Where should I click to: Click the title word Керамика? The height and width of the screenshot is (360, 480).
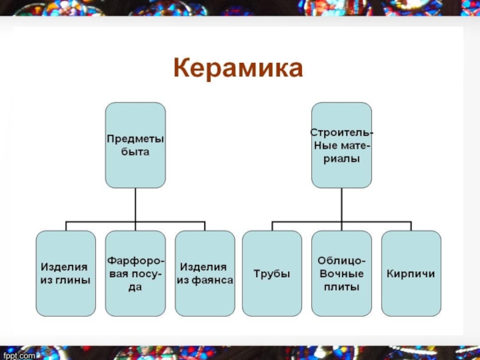pyautogui.click(x=238, y=68)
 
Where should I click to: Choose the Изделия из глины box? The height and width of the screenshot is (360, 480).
pyautogui.click(x=65, y=274)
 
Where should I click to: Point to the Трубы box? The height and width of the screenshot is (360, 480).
pyautogui.click(x=272, y=274)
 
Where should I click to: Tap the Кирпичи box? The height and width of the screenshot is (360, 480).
pyautogui.click(x=411, y=274)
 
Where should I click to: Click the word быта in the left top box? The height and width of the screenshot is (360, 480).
pyautogui.click(x=135, y=152)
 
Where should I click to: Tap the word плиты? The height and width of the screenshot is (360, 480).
pyautogui.click(x=341, y=287)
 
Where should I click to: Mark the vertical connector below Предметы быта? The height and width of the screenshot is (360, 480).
pyautogui.click(x=135, y=205)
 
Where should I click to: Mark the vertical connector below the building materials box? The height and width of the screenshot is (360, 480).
pyautogui.click(x=341, y=205)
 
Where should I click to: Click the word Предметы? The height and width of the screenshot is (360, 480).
pyautogui.click(x=135, y=139)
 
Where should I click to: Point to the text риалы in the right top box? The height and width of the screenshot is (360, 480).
pyautogui.click(x=341, y=159)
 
